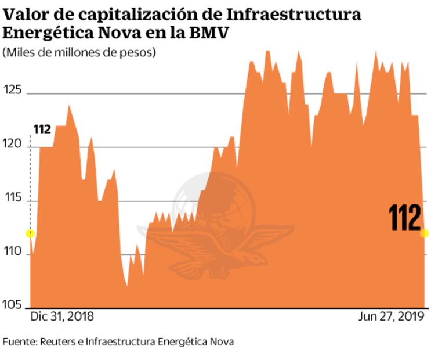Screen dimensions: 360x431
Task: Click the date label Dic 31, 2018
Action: point(61,316)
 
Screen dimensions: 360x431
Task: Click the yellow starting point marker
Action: point(30,233)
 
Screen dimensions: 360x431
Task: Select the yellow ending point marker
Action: point(425,233)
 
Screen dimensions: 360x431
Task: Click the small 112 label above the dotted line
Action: point(42,129)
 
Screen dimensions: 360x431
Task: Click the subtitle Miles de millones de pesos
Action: point(79,53)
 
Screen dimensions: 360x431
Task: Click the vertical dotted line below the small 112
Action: point(30,180)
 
